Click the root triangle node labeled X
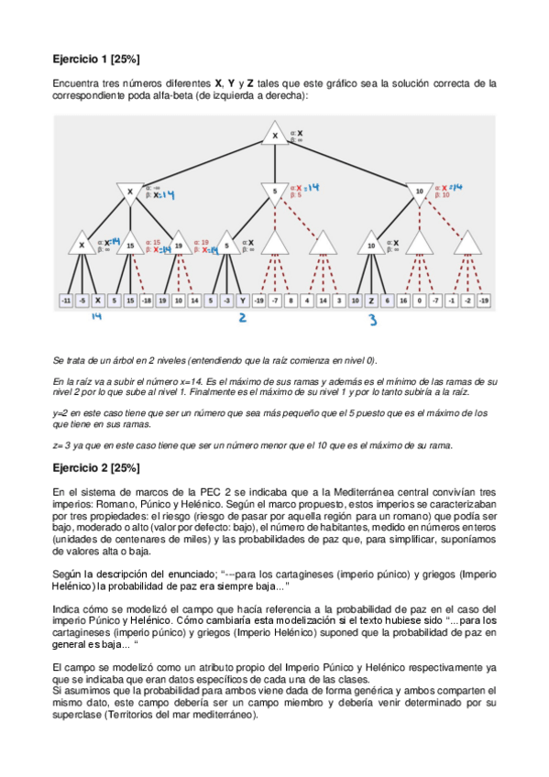pos(274,136)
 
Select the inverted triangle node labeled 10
pos(419,192)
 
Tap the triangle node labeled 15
pos(130,245)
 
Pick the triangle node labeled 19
pos(179,245)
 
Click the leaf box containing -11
pos(66,300)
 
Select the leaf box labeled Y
pos(242,300)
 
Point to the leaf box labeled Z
pos(371,300)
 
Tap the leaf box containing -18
pos(147,300)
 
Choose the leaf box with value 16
pos(403,300)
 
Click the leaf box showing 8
pos(291,300)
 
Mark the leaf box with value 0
pos(419,300)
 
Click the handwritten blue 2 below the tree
pos(242,318)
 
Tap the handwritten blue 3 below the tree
pos(372,320)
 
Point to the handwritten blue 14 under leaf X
pos(97,318)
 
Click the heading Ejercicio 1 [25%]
pos(95,60)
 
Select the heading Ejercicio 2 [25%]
pos(95,468)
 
